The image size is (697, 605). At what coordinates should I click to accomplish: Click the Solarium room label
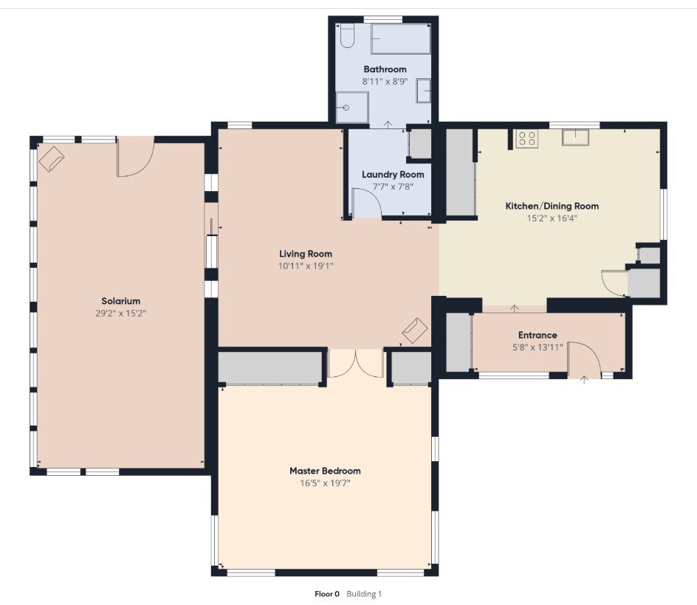click(120, 301)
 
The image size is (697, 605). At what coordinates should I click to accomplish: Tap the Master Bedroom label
click(325, 471)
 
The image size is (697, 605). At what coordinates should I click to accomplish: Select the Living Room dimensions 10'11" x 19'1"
click(306, 266)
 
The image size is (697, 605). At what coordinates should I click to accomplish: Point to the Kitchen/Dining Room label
click(552, 206)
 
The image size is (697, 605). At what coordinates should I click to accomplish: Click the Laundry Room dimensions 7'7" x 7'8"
click(393, 187)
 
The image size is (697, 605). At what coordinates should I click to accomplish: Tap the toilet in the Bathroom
click(347, 35)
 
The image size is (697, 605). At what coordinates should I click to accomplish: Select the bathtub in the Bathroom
click(400, 39)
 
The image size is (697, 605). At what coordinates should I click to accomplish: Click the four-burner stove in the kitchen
click(526, 138)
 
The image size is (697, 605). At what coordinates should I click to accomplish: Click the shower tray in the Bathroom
click(352, 108)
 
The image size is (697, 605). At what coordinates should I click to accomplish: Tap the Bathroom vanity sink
click(424, 91)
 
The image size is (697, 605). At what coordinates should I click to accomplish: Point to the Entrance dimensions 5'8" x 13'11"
click(538, 347)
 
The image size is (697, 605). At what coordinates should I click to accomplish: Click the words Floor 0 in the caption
click(326, 594)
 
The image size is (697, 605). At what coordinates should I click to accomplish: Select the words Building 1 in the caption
click(364, 594)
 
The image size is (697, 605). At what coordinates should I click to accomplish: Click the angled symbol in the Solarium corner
click(52, 159)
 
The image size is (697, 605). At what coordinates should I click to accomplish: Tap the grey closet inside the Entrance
click(459, 342)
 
